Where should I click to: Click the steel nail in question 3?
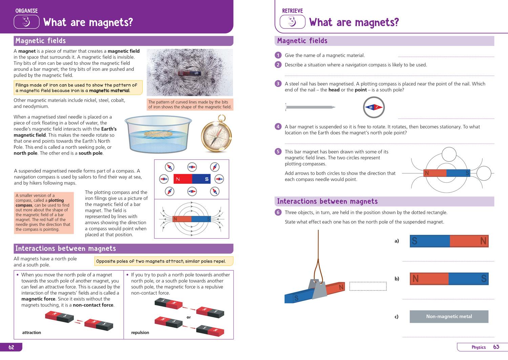point(310,107)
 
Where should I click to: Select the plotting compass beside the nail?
point(374,108)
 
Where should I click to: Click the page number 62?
point(11,347)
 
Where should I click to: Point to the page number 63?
point(496,347)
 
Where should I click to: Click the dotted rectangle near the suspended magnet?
point(368,286)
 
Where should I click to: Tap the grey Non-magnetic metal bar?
point(449,317)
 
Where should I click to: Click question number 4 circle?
point(278,127)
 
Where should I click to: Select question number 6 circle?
point(278,212)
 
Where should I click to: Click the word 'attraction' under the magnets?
point(31,333)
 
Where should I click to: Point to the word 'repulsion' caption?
point(140,333)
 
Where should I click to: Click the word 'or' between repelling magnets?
point(189,317)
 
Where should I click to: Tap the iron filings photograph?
point(190,72)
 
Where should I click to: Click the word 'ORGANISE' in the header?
point(26,11)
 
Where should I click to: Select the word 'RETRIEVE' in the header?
point(292,11)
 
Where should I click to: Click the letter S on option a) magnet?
point(415,241)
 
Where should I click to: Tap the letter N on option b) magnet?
point(416,279)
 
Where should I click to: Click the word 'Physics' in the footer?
point(479,347)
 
